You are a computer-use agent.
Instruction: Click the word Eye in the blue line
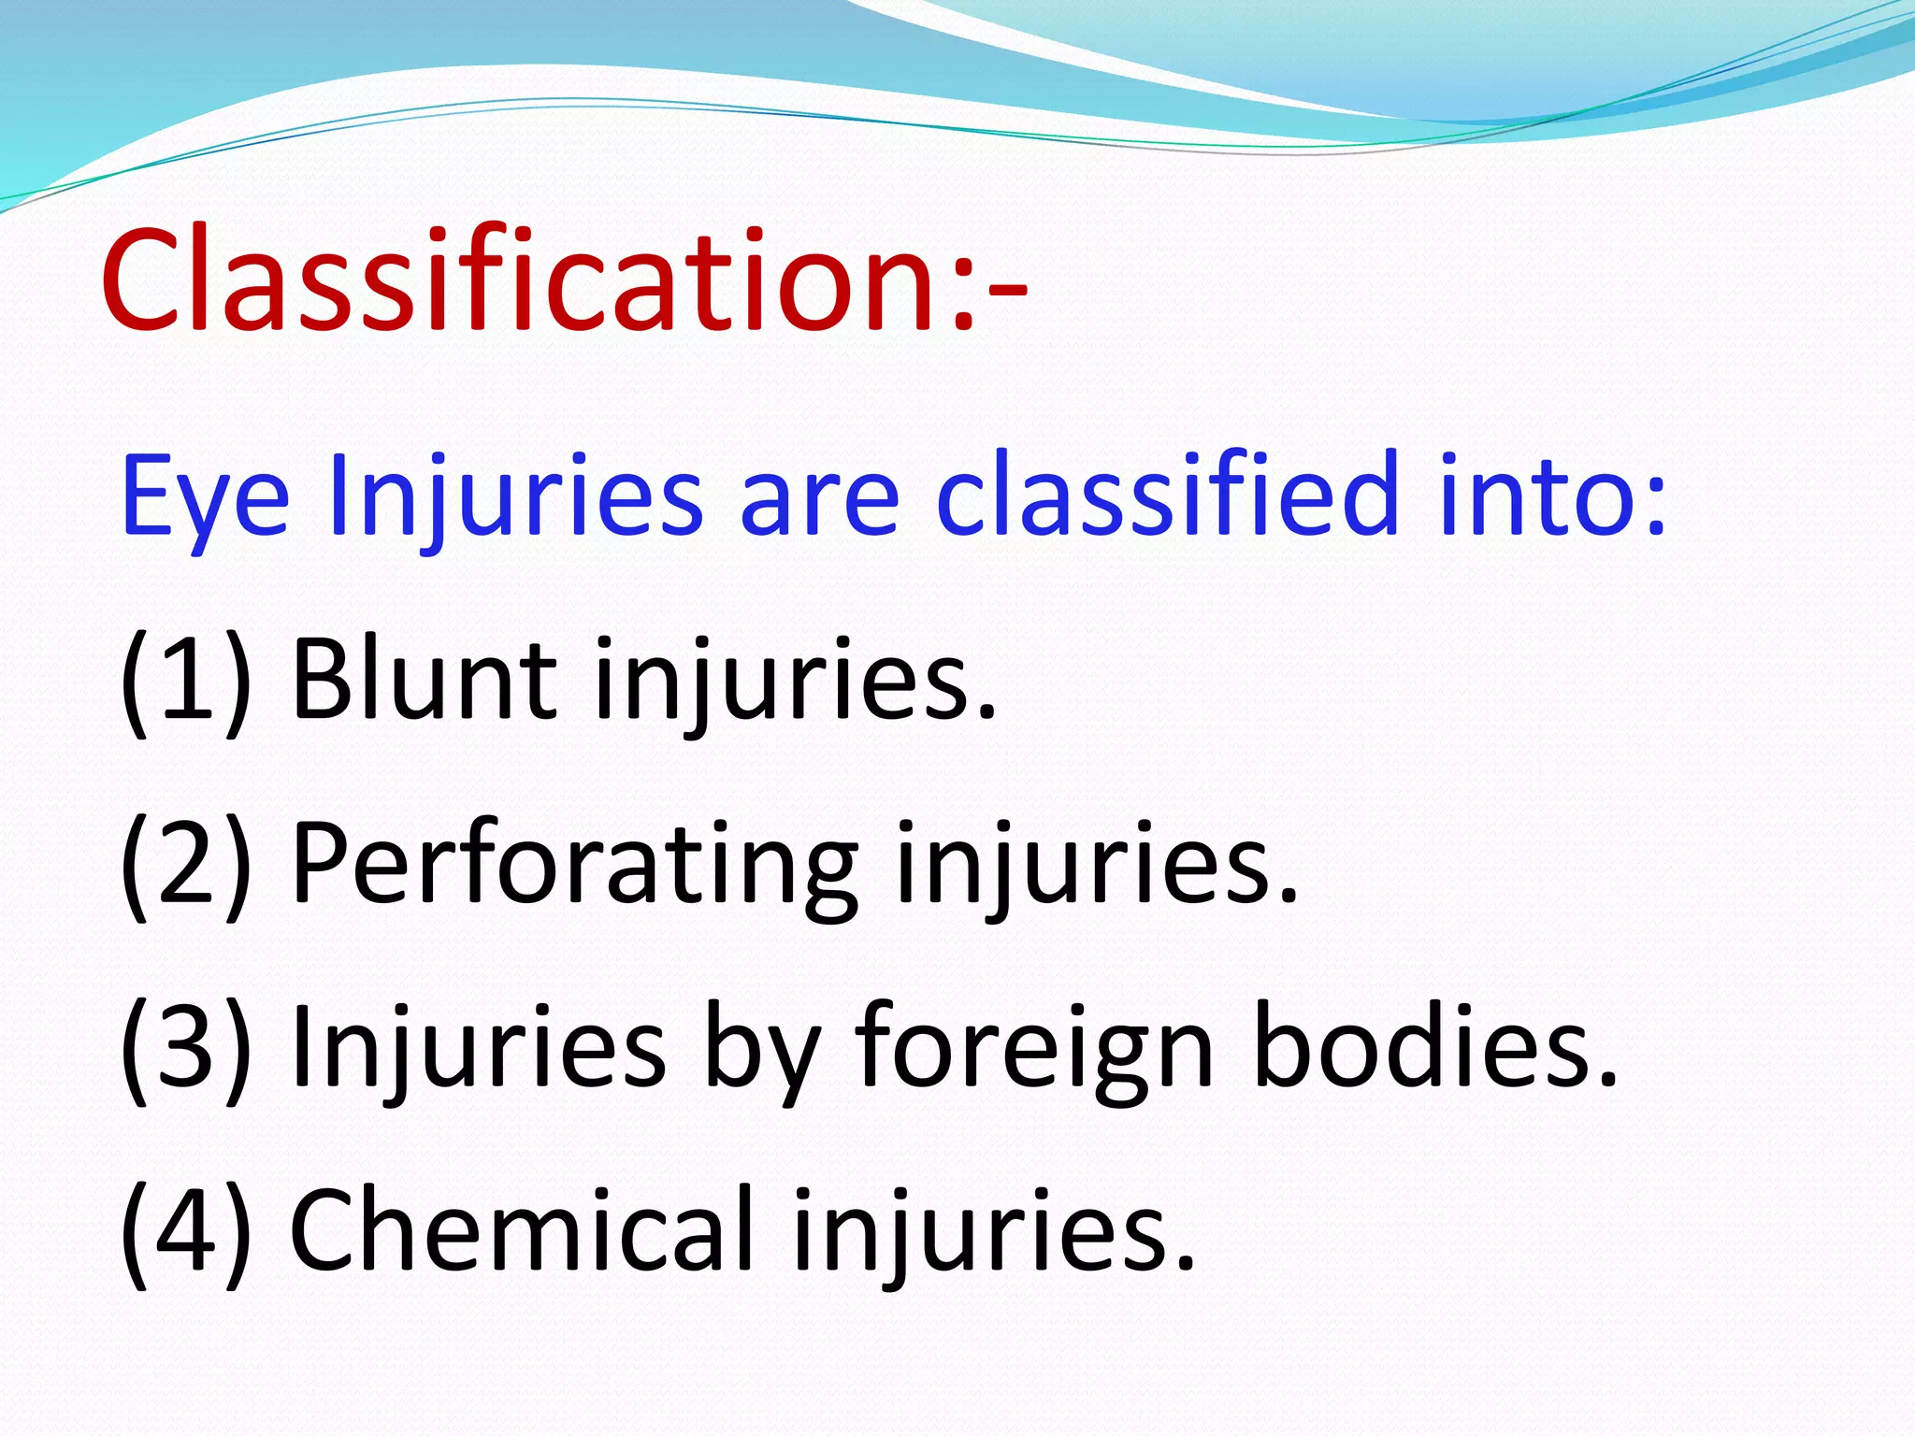point(205,495)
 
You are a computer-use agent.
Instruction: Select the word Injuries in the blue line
point(515,495)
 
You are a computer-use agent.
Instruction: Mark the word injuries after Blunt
point(796,680)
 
